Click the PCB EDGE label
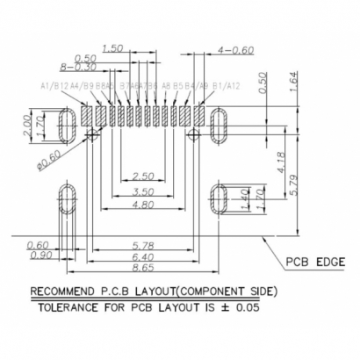pos(317,261)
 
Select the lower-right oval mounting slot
pos(219,200)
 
